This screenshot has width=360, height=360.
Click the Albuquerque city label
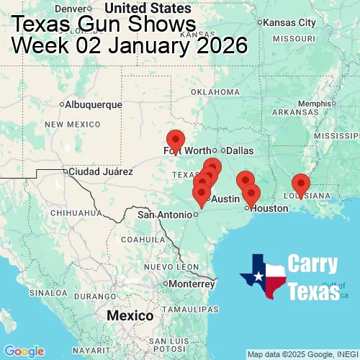point(94,104)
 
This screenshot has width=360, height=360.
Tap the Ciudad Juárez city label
point(100,172)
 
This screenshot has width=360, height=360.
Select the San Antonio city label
point(166,215)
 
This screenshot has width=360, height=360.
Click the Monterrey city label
point(193,284)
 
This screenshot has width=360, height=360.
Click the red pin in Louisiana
point(301,184)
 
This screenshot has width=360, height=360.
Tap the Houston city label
point(269,208)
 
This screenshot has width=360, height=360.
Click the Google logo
point(23,351)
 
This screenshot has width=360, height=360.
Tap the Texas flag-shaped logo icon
point(263,276)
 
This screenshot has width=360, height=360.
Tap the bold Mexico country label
point(130,316)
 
